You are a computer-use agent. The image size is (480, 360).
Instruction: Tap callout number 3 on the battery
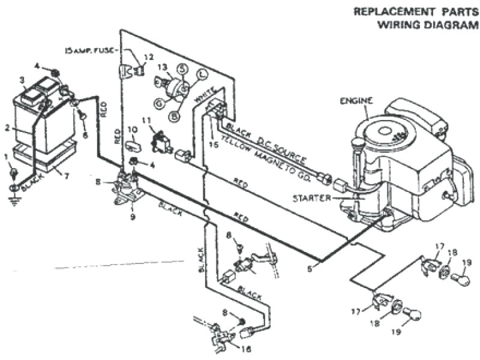point(22,80)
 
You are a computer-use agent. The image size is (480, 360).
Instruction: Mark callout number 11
point(145,121)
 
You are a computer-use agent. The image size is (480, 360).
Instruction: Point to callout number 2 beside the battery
point(8,127)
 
